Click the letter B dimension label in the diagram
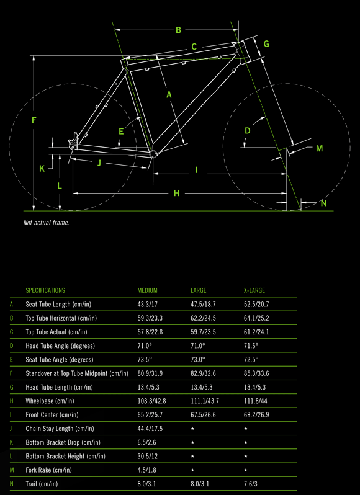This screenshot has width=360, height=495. (x=178, y=30)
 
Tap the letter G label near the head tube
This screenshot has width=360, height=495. (x=266, y=44)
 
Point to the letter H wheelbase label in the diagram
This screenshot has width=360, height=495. (x=176, y=193)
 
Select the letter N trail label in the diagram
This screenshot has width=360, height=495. (x=323, y=203)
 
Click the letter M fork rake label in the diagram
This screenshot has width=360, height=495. (x=320, y=148)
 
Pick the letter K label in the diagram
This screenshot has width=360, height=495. (x=42, y=169)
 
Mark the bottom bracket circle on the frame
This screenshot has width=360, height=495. (x=153, y=154)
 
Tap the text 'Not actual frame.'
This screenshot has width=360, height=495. (x=47, y=223)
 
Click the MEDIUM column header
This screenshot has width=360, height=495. (x=147, y=290)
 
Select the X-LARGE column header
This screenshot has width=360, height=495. (x=252, y=290)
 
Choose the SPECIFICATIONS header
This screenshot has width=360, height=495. (x=45, y=290)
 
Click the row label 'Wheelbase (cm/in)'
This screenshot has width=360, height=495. (x=50, y=401)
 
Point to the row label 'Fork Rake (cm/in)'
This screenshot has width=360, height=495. (x=48, y=470)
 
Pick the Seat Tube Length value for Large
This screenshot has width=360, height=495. (x=203, y=305)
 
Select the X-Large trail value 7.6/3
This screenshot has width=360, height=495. (x=249, y=484)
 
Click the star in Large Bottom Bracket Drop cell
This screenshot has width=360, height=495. (x=192, y=443)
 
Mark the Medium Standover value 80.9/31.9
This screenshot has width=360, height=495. (x=150, y=373)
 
